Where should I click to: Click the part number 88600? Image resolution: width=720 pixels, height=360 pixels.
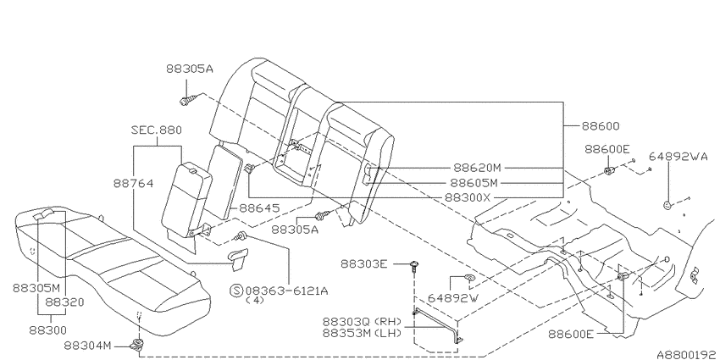tap(601, 126)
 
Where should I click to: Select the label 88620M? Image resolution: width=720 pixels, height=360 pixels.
tap(477, 168)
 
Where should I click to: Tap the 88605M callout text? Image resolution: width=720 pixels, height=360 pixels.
tap(474, 183)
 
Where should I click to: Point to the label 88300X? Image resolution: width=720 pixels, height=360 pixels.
tap(468, 198)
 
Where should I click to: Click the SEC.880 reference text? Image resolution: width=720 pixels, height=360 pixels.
tap(156, 130)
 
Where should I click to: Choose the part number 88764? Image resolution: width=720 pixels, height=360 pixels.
tap(133, 183)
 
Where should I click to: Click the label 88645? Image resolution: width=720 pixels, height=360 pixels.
tap(259, 208)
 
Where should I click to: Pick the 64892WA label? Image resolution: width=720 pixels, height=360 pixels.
tap(678, 157)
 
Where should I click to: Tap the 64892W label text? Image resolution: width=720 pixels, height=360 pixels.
tap(453, 298)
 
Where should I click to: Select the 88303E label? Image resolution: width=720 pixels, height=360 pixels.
tap(364, 264)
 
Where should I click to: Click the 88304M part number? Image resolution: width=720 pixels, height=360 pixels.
tap(88, 346)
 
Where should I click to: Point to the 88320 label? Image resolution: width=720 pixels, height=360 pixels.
tap(64, 302)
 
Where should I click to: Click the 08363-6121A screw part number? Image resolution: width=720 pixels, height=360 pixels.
tap(286, 291)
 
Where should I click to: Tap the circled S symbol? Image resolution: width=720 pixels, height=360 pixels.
tap(236, 291)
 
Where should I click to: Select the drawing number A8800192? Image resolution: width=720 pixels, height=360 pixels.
tap(686, 354)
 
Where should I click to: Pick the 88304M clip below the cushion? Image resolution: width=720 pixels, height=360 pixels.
tap(136, 344)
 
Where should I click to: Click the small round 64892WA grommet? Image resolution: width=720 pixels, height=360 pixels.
tap(667, 205)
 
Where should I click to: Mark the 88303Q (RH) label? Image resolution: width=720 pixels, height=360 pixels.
tap(362, 321)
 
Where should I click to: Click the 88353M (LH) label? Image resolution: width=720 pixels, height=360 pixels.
tap(362, 333)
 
